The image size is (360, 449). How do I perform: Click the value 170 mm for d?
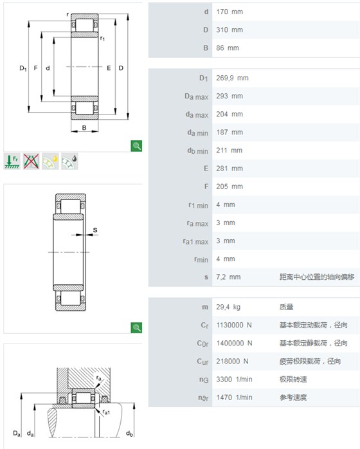tap(230, 12)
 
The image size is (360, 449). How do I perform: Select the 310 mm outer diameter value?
tap(230, 30)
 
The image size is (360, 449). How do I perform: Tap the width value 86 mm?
tap(228, 48)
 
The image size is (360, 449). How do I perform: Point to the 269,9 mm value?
tap(232, 78)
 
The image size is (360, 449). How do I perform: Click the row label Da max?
tap(196, 96)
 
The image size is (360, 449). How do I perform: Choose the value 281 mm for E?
tap(230, 169)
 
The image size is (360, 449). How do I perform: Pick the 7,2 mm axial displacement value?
tap(228, 277)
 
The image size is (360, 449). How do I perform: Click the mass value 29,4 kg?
tap(228, 307)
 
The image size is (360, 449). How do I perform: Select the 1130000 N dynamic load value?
tap(234, 325)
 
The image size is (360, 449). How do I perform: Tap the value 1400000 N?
tap(235, 344)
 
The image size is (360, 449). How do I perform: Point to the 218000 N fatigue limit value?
tap(232, 362)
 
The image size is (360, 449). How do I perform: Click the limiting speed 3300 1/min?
tap(235, 380)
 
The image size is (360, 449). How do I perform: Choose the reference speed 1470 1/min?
tap(235, 398)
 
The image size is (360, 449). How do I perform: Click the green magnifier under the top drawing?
tap(136, 146)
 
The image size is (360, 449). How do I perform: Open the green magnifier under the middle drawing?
tap(136, 327)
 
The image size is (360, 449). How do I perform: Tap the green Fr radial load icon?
tap(12, 161)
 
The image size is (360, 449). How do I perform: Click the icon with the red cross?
tap(32, 161)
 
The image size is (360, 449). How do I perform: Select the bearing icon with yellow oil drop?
tap(50, 161)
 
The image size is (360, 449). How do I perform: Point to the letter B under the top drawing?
tap(84, 128)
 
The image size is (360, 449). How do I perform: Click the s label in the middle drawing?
tap(95, 230)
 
